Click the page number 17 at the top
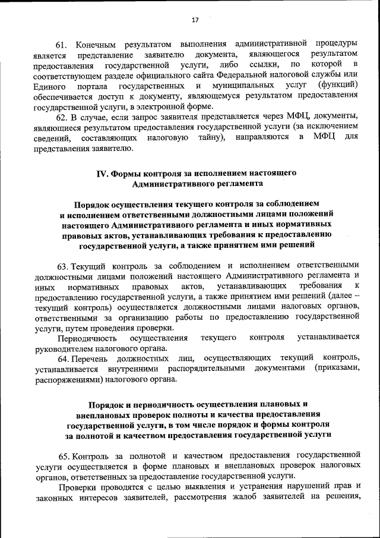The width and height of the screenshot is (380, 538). coord(195,20)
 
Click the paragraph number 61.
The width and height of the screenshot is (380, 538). coord(62,44)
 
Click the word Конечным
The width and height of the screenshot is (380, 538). coord(97,44)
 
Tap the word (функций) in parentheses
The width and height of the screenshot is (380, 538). coord(338,85)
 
